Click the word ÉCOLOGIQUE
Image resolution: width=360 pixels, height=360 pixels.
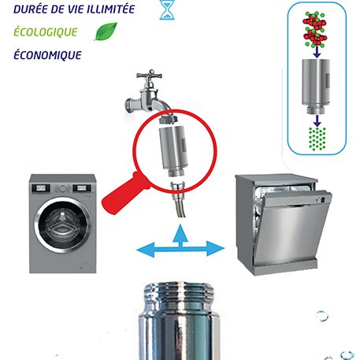tap(46, 32)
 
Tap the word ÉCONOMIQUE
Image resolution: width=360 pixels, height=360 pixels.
tap(47, 55)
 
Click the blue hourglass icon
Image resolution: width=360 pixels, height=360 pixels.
tap(167, 9)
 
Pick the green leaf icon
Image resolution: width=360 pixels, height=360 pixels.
tap(106, 32)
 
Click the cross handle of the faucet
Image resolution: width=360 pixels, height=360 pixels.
tap(150, 76)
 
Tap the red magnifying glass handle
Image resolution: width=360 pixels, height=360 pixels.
tap(124, 194)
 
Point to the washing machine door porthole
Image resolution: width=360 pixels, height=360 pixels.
tap(63, 225)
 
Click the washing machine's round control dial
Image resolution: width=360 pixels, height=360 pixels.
tap(62, 188)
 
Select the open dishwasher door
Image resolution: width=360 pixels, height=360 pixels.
tap(292, 229)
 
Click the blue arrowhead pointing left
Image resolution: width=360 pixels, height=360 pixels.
tap(146, 250)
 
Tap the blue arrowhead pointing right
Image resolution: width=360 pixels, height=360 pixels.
tap(215, 248)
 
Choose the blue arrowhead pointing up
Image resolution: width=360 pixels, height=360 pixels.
tap(180, 232)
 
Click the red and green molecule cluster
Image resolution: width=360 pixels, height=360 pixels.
tap(315, 29)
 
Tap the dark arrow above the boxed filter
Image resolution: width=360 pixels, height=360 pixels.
tap(317, 53)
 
